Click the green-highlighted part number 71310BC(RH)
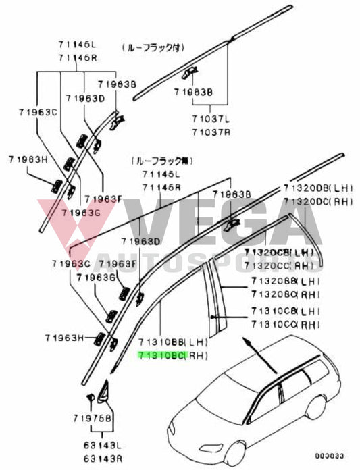tap(172, 355)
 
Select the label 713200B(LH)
tap(316, 188)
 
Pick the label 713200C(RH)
tap(316, 201)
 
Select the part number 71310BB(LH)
tap(172, 343)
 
